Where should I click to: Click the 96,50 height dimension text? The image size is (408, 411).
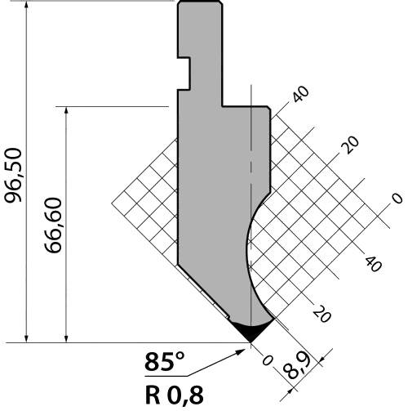pyautogui.click(x=13, y=175)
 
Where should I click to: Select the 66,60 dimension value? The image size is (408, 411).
pyautogui.click(x=53, y=226)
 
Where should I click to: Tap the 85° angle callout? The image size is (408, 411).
pyautogui.click(x=165, y=362)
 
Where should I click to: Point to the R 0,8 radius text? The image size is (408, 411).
pyautogui.click(x=175, y=395)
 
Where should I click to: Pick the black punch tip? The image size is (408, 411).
pyautogui.click(x=251, y=332)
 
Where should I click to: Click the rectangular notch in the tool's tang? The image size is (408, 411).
pyautogui.click(x=184, y=74)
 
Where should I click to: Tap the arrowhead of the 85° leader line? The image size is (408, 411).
pyautogui.click(x=240, y=352)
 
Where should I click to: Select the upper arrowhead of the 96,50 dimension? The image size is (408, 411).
pyautogui.click(x=26, y=7)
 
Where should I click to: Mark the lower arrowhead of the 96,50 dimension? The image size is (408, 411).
pyautogui.click(x=26, y=337)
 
